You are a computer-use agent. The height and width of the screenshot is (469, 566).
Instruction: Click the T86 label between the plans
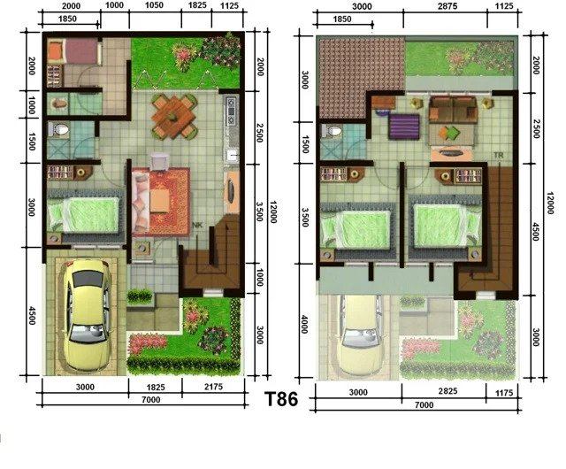(282, 399)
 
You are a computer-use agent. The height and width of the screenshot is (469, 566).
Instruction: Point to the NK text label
(199, 227)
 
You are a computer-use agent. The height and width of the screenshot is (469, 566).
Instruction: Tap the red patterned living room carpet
(161, 200)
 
